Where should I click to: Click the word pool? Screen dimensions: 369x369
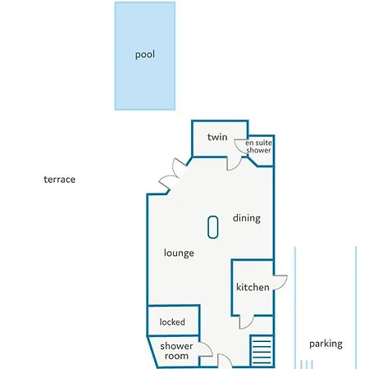pyautogui.click(x=145, y=54)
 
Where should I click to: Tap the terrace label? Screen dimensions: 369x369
pyautogui.click(x=59, y=180)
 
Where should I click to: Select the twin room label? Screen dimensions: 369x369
pyautogui.click(x=217, y=137)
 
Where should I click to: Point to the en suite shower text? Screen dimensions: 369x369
pyautogui.click(x=258, y=147)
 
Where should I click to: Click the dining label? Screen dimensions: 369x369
pyautogui.click(x=247, y=218)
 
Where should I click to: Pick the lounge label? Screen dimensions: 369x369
pyautogui.click(x=179, y=253)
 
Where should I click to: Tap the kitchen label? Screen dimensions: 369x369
pyautogui.click(x=253, y=287)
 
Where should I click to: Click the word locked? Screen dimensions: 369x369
pyautogui.click(x=172, y=322)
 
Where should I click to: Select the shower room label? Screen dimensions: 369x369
pyautogui.click(x=176, y=351)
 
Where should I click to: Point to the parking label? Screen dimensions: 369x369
pyautogui.click(x=326, y=344)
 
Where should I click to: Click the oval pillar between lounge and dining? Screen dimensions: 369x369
pyautogui.click(x=212, y=227)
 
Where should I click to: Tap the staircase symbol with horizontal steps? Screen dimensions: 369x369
pyautogui.click(x=262, y=350)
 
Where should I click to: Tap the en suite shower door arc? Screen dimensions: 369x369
pyautogui.click(x=239, y=147)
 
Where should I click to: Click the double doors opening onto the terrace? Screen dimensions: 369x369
pyautogui.click(x=171, y=175)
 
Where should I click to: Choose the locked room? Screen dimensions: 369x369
pyautogui.click(x=174, y=321)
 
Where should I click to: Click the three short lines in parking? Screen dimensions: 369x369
pyautogui.click(x=307, y=365)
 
